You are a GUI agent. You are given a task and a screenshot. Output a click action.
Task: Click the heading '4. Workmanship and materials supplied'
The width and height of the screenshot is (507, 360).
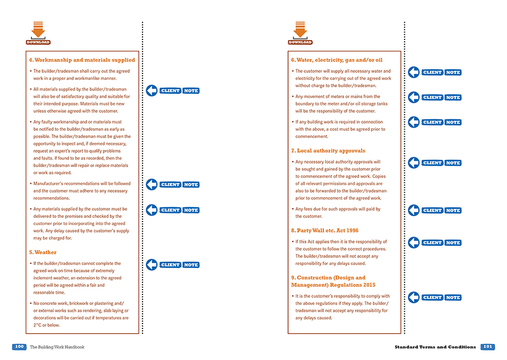tap(82, 60)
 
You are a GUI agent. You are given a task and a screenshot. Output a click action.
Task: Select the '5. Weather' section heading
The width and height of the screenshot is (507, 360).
tap(43, 253)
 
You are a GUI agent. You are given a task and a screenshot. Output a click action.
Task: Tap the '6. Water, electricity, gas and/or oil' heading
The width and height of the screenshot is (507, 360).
tap(336, 60)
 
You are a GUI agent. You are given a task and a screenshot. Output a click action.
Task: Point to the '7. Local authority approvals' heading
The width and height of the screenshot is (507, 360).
tap(328, 150)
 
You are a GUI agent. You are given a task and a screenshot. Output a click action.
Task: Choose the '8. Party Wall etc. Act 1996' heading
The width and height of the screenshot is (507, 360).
tap(324, 230)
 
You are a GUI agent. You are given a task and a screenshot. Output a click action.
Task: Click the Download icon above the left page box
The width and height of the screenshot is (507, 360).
tap(38, 32)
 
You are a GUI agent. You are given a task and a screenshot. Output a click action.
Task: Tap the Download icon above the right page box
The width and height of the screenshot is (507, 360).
tap(300, 32)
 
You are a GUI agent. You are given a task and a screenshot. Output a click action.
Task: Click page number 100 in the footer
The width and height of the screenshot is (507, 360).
tap(18, 347)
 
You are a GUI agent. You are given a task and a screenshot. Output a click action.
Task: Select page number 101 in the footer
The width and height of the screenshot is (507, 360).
tap(487, 347)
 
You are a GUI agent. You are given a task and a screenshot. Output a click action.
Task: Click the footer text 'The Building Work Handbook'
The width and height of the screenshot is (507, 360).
tap(57, 347)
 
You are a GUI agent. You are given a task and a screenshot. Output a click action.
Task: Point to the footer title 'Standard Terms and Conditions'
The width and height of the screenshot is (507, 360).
tap(435, 347)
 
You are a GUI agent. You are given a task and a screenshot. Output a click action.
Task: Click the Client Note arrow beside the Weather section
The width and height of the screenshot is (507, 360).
tap(152, 264)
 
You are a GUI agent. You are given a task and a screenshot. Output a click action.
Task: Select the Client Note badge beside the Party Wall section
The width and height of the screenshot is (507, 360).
tap(441, 242)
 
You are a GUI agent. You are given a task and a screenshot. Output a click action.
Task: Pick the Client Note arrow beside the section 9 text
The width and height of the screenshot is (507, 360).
tap(414, 297)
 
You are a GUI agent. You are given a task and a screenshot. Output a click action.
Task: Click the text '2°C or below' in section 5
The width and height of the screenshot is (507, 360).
tap(46, 325)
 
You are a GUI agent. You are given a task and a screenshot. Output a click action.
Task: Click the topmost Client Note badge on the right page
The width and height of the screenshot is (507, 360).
tap(441, 72)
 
